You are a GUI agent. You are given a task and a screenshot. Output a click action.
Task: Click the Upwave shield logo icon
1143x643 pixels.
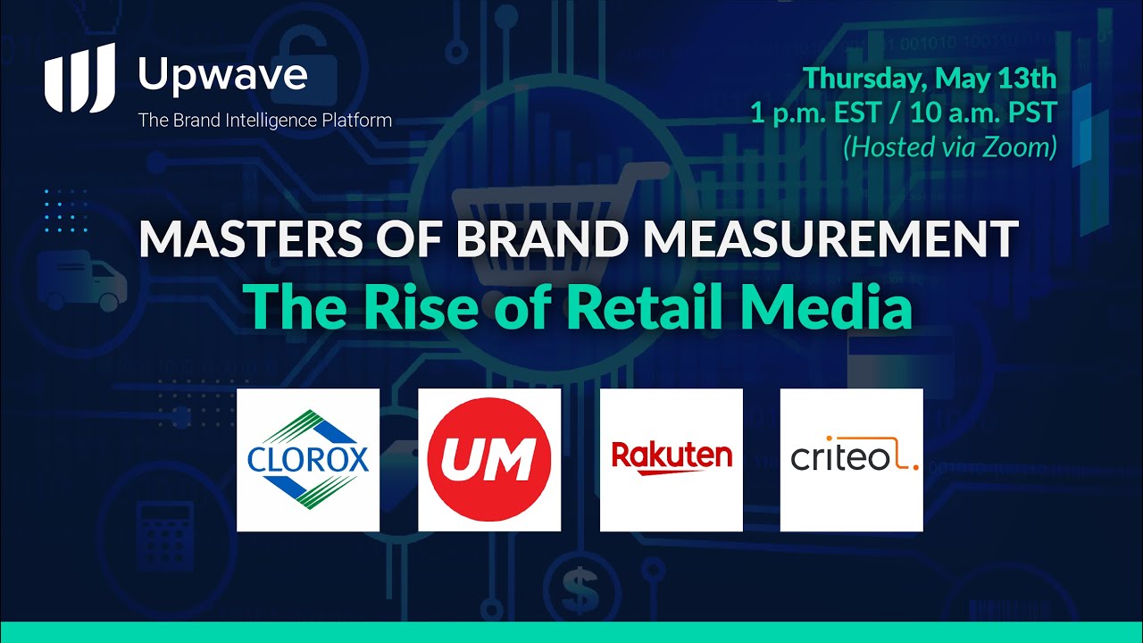pyautogui.click(x=79, y=78)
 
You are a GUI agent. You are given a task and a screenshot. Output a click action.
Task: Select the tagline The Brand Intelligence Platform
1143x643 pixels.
pyautogui.click(x=265, y=121)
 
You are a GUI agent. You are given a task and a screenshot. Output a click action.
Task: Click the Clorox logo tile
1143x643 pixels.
pyautogui.click(x=308, y=460)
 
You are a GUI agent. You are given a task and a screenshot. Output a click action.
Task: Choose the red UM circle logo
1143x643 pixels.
pyautogui.click(x=489, y=459)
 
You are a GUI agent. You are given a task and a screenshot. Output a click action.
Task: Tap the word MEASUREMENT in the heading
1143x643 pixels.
pyautogui.click(x=831, y=238)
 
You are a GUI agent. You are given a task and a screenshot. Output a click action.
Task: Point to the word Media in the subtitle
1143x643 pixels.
pyautogui.click(x=826, y=308)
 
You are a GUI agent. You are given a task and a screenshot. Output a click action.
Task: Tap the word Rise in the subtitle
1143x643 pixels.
pyautogui.click(x=421, y=308)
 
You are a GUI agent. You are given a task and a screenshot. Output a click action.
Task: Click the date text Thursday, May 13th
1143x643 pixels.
pyautogui.click(x=930, y=79)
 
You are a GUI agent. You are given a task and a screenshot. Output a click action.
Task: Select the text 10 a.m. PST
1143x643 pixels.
pyautogui.click(x=983, y=113)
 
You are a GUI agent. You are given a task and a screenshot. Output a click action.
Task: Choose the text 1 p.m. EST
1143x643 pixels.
pyautogui.click(x=816, y=113)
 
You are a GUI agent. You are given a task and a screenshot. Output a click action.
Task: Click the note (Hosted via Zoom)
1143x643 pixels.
pyautogui.click(x=949, y=146)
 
